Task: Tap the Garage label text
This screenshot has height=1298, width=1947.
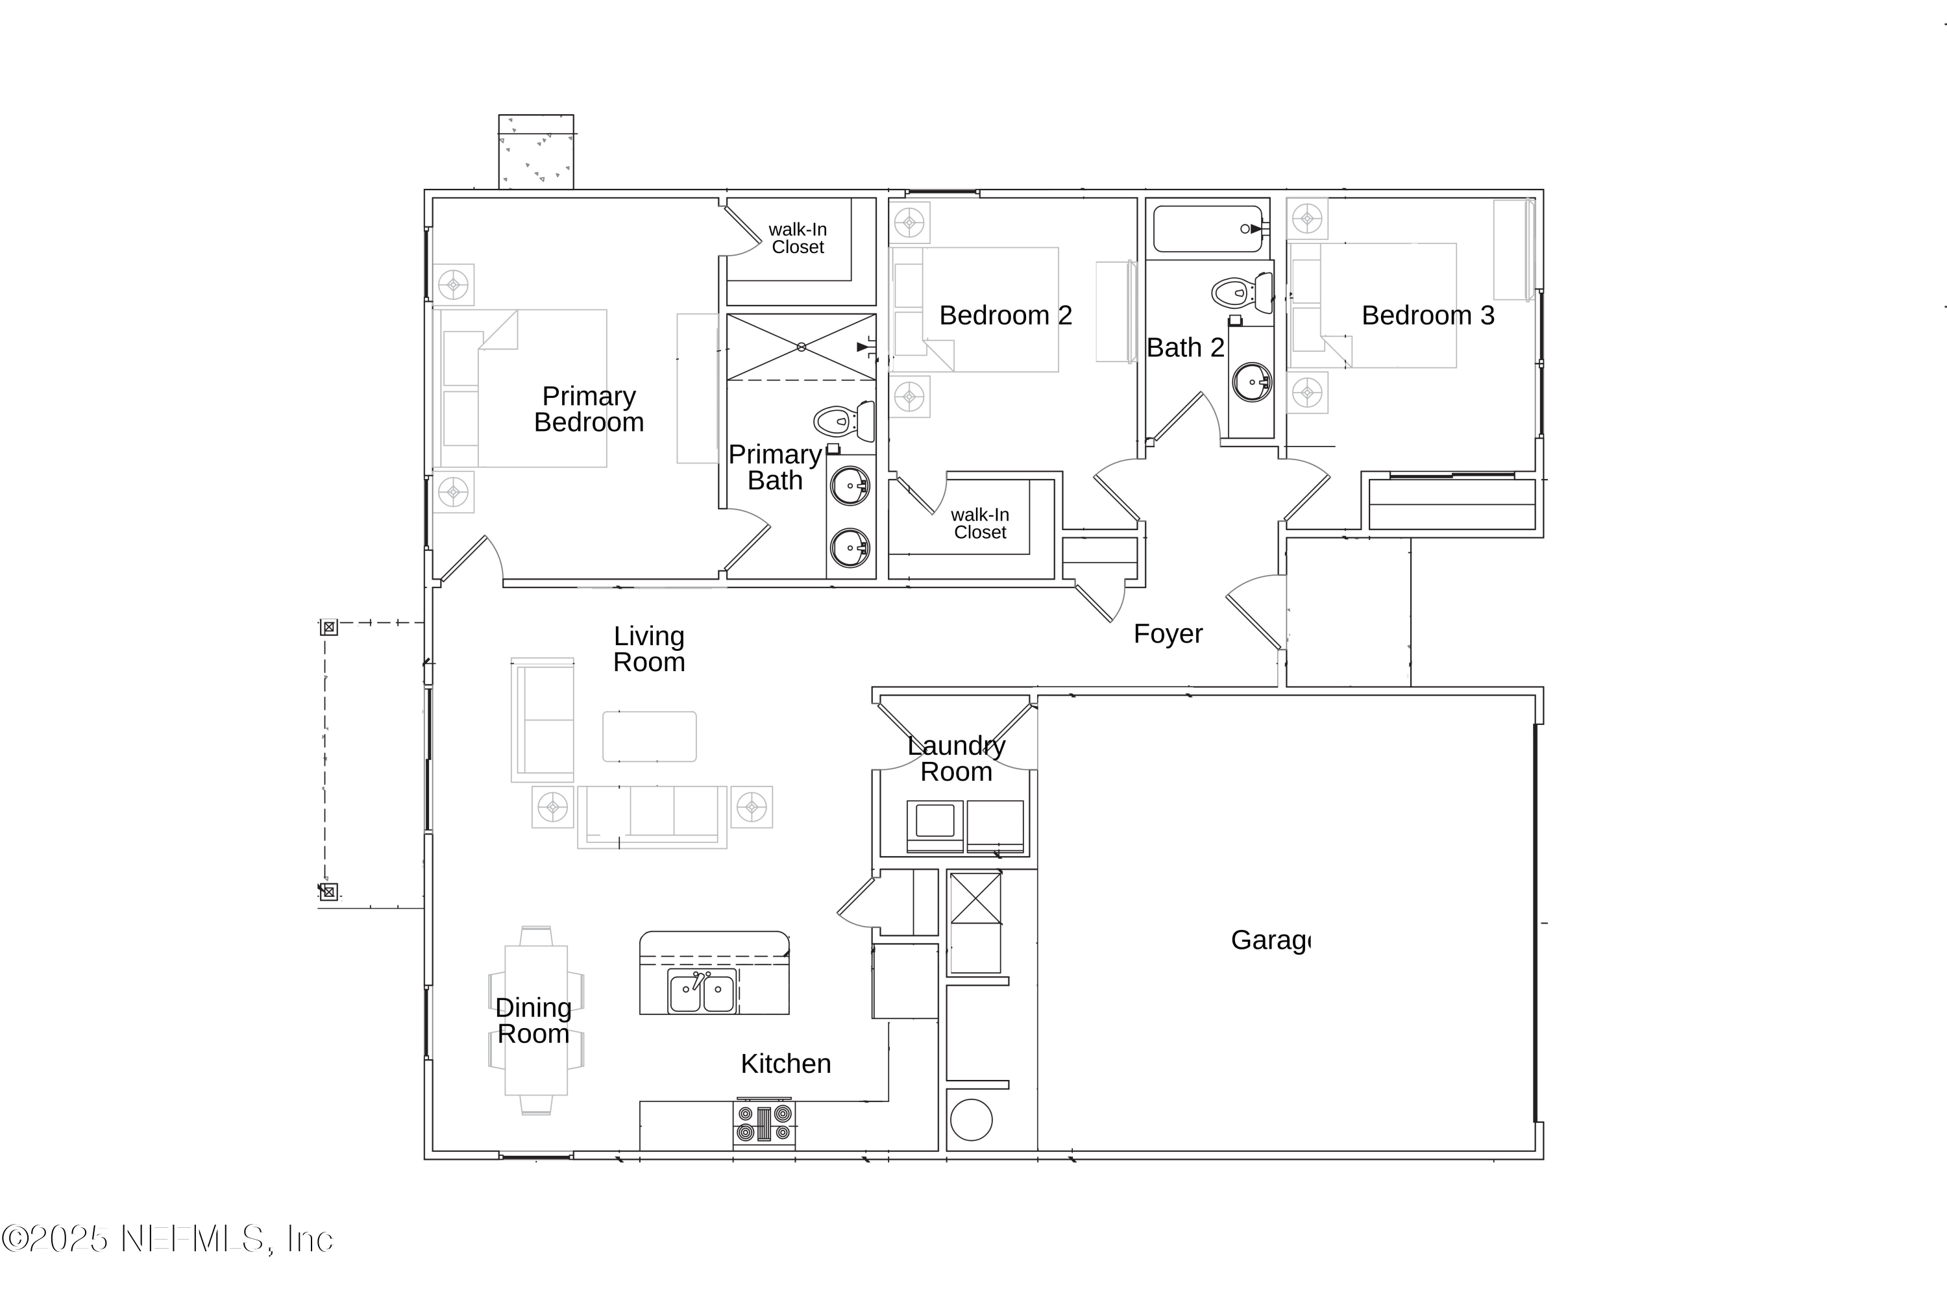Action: coord(1270,940)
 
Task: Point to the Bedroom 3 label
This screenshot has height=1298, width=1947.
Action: coord(1428,315)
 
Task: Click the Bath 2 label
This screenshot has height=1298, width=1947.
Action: coord(1186,348)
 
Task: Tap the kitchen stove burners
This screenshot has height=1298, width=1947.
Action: coord(764,1123)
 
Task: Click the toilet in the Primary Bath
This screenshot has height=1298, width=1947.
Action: coord(844,421)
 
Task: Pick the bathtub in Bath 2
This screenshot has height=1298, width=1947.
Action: coord(1208,228)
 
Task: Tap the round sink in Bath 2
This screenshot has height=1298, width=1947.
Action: coord(1252,382)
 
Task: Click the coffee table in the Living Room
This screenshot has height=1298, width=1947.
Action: coord(649,736)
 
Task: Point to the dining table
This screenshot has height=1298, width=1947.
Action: coord(537,1020)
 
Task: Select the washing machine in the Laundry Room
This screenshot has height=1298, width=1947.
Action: coord(935,826)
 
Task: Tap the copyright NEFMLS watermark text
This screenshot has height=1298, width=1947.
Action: coord(167,1239)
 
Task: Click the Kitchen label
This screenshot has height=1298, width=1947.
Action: coord(785,1064)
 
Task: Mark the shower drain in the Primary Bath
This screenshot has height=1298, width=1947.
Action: coord(802,347)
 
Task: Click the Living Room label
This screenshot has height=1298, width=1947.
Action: coord(649,649)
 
